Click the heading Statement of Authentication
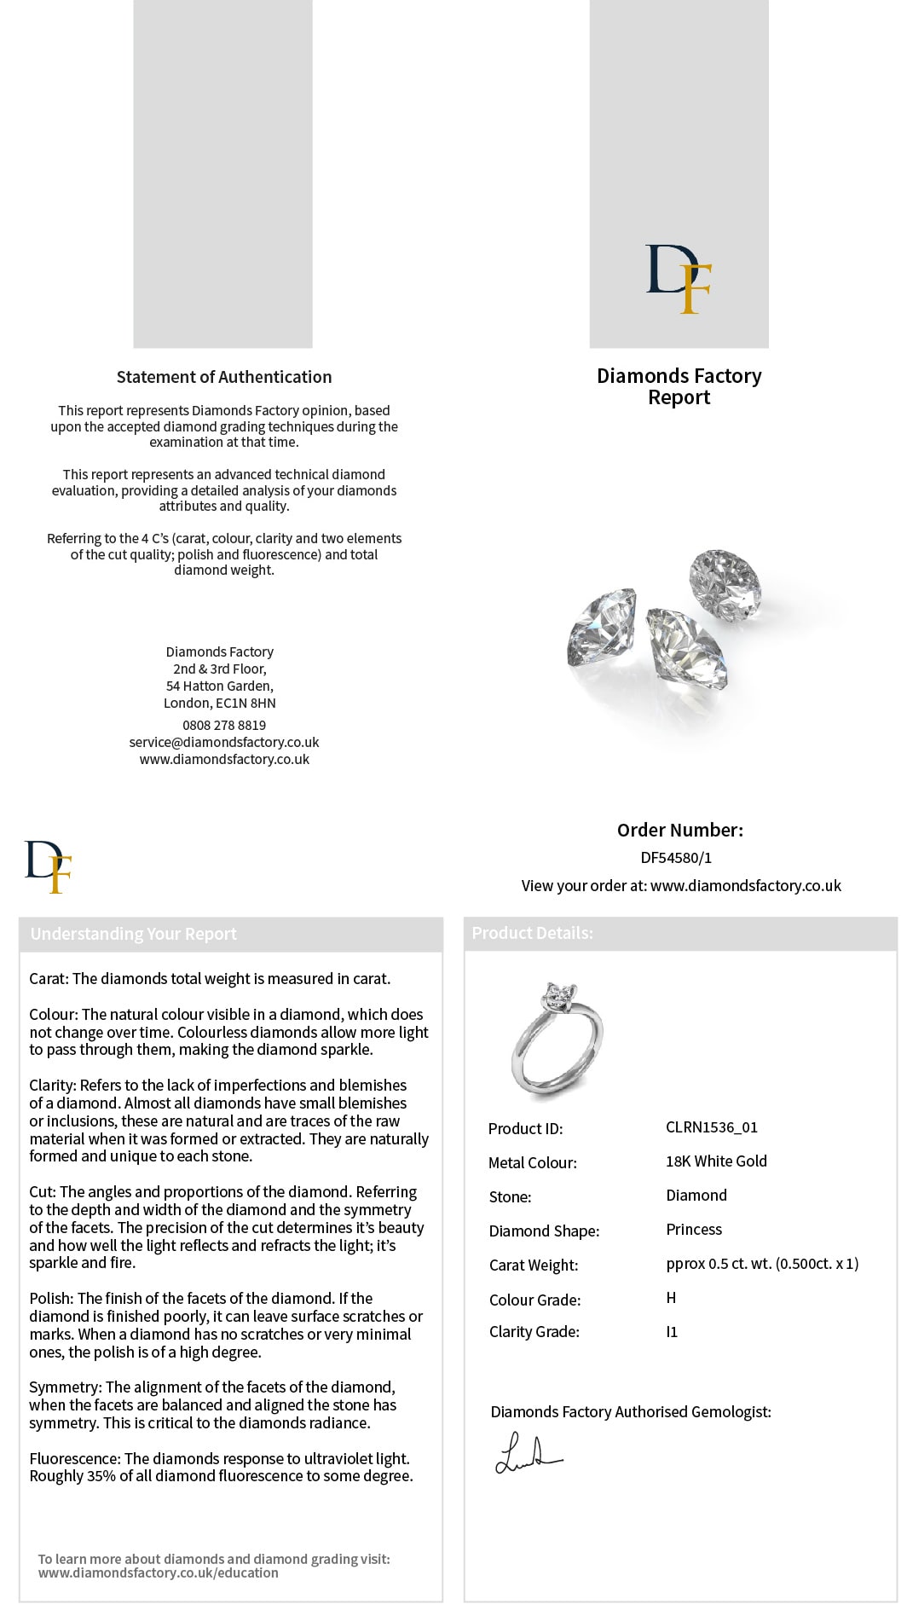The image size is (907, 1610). tap(224, 377)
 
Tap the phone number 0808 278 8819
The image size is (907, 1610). tap(224, 725)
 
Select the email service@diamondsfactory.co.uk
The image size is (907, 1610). tap(224, 742)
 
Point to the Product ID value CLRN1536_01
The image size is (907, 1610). tap(712, 1127)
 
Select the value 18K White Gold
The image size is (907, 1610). tap(716, 1161)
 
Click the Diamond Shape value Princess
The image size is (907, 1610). tap(694, 1230)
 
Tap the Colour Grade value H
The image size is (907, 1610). tap(671, 1298)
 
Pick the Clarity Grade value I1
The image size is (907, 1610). tap(672, 1332)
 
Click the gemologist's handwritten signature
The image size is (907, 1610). tap(528, 1455)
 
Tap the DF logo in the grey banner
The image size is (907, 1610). tap(679, 279)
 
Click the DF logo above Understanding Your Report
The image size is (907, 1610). tap(49, 866)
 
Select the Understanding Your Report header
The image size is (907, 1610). tap(134, 934)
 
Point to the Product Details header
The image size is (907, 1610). tap(532, 933)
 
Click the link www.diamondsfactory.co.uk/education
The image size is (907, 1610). tap(159, 1572)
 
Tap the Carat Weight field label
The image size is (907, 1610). tap(534, 1265)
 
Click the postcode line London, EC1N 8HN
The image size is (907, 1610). tap(220, 703)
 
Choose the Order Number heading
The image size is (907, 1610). tap(679, 830)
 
